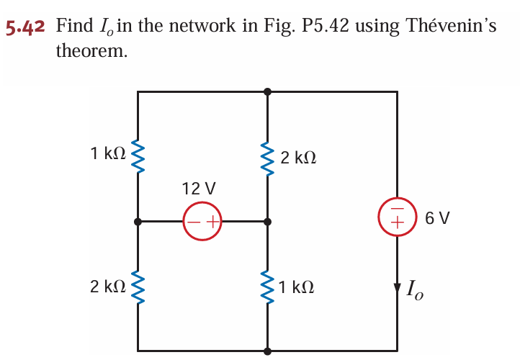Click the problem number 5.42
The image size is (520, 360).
25,28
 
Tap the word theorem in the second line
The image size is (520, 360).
91,53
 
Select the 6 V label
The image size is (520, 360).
437,217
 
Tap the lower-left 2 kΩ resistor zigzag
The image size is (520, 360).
138,287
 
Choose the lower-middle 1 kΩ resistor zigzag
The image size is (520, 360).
267,287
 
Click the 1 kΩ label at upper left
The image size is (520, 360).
109,153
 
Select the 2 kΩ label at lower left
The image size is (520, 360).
109,287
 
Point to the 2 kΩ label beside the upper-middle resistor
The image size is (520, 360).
298,157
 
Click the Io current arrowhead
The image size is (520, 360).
397,289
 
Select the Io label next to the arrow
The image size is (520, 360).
416,291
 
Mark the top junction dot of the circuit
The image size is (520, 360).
267,91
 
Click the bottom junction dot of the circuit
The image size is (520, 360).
267,351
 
